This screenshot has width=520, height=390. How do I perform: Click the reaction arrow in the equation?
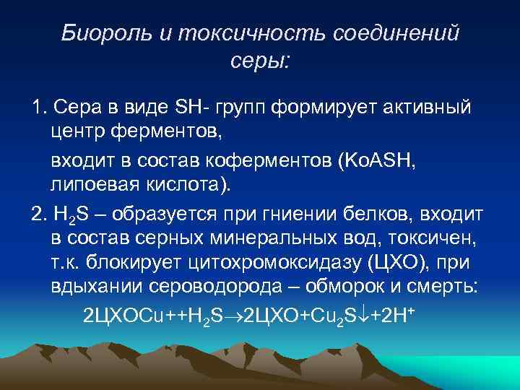click(234, 316)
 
